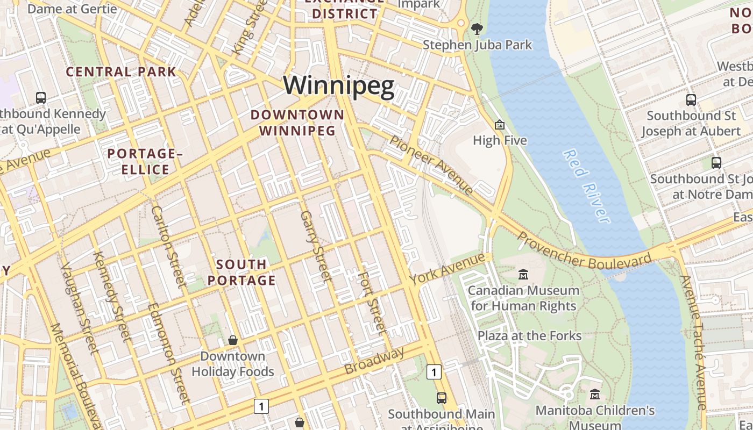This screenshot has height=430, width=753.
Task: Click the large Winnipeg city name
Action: (339, 86)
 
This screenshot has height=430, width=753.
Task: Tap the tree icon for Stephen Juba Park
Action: (477, 28)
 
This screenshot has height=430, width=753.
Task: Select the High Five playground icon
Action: (500, 125)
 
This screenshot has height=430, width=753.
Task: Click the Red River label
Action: (586, 185)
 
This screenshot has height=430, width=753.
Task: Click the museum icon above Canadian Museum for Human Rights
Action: (523, 275)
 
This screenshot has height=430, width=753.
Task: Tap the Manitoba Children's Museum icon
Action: (594, 395)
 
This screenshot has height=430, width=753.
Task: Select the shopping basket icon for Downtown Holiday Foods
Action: (233, 340)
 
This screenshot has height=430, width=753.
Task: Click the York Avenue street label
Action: (447, 269)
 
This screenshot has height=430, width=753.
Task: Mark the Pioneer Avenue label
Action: (431, 165)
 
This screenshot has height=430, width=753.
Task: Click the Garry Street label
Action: (316, 245)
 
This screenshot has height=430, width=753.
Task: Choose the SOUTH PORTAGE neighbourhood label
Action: (241, 273)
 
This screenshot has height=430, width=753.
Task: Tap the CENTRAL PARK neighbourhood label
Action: (121, 71)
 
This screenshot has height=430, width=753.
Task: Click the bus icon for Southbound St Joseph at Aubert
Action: (691, 99)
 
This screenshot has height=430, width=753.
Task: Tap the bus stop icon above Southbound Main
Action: (442, 398)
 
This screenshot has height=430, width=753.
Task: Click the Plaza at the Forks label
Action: (530, 336)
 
